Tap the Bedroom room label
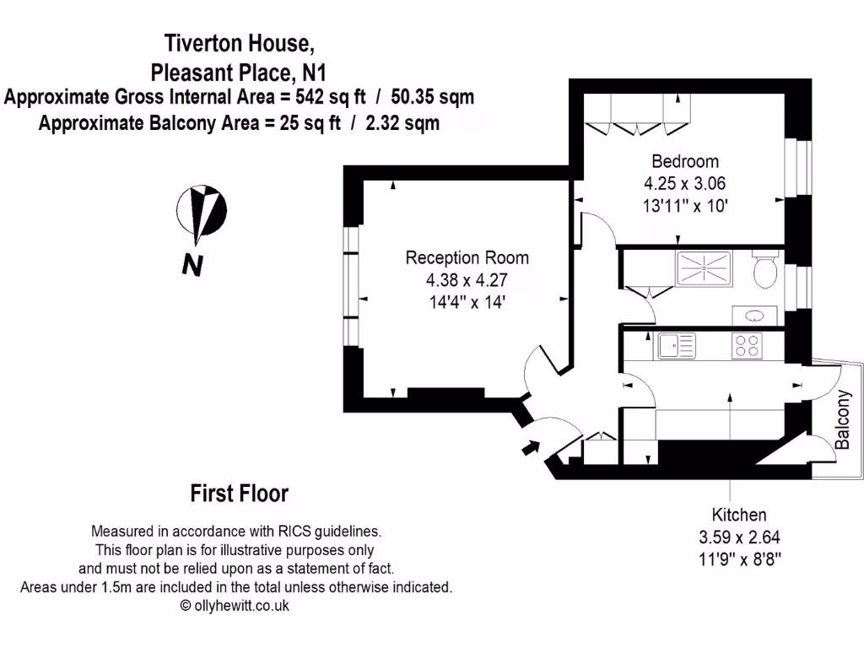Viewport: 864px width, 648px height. [x=684, y=161]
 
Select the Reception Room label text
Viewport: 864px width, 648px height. [x=467, y=258]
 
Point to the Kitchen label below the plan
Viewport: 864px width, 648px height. [x=739, y=515]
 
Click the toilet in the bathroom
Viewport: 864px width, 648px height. [x=766, y=272]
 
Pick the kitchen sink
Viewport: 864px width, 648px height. [x=677, y=344]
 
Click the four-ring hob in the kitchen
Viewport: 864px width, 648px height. [x=746, y=345]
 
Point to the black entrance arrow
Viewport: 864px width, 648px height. [x=530, y=446]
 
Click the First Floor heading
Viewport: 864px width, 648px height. [x=240, y=493]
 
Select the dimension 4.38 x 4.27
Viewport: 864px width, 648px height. [x=467, y=280]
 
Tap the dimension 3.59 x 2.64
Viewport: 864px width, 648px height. [x=739, y=537]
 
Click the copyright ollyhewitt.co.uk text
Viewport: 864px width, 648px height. [x=235, y=606]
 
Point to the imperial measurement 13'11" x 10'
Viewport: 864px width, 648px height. [x=684, y=204]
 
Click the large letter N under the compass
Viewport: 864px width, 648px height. [x=192, y=265]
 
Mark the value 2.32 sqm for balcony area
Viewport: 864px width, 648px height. [x=402, y=123]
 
